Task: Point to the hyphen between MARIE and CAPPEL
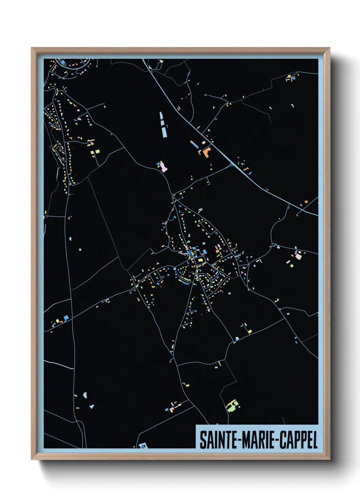(x=278, y=440)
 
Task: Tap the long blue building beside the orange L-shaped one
(x=194, y=144)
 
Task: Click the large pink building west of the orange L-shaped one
(x=164, y=168)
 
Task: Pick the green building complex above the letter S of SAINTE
(x=232, y=406)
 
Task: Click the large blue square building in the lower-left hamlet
(x=66, y=317)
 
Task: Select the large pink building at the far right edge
(x=298, y=255)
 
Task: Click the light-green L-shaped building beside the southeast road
(x=250, y=330)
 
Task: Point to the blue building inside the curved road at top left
(x=63, y=62)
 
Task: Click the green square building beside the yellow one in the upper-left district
(x=97, y=151)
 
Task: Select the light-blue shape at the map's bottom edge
(x=143, y=445)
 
